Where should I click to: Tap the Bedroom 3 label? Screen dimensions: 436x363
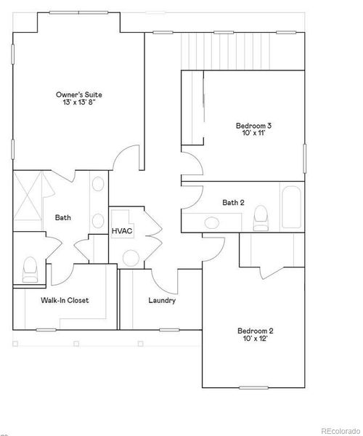(253, 125)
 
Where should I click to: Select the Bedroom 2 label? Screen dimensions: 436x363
(255, 331)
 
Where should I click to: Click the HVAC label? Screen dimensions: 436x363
(121, 231)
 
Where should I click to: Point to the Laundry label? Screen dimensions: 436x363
(162, 300)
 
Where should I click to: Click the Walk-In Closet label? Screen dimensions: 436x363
(65, 300)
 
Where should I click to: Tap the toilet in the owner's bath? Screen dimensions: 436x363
(30, 268)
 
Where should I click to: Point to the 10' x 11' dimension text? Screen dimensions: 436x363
(253, 134)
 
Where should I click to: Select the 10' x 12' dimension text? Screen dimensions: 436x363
(255, 339)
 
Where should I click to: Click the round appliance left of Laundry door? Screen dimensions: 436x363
(131, 257)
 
